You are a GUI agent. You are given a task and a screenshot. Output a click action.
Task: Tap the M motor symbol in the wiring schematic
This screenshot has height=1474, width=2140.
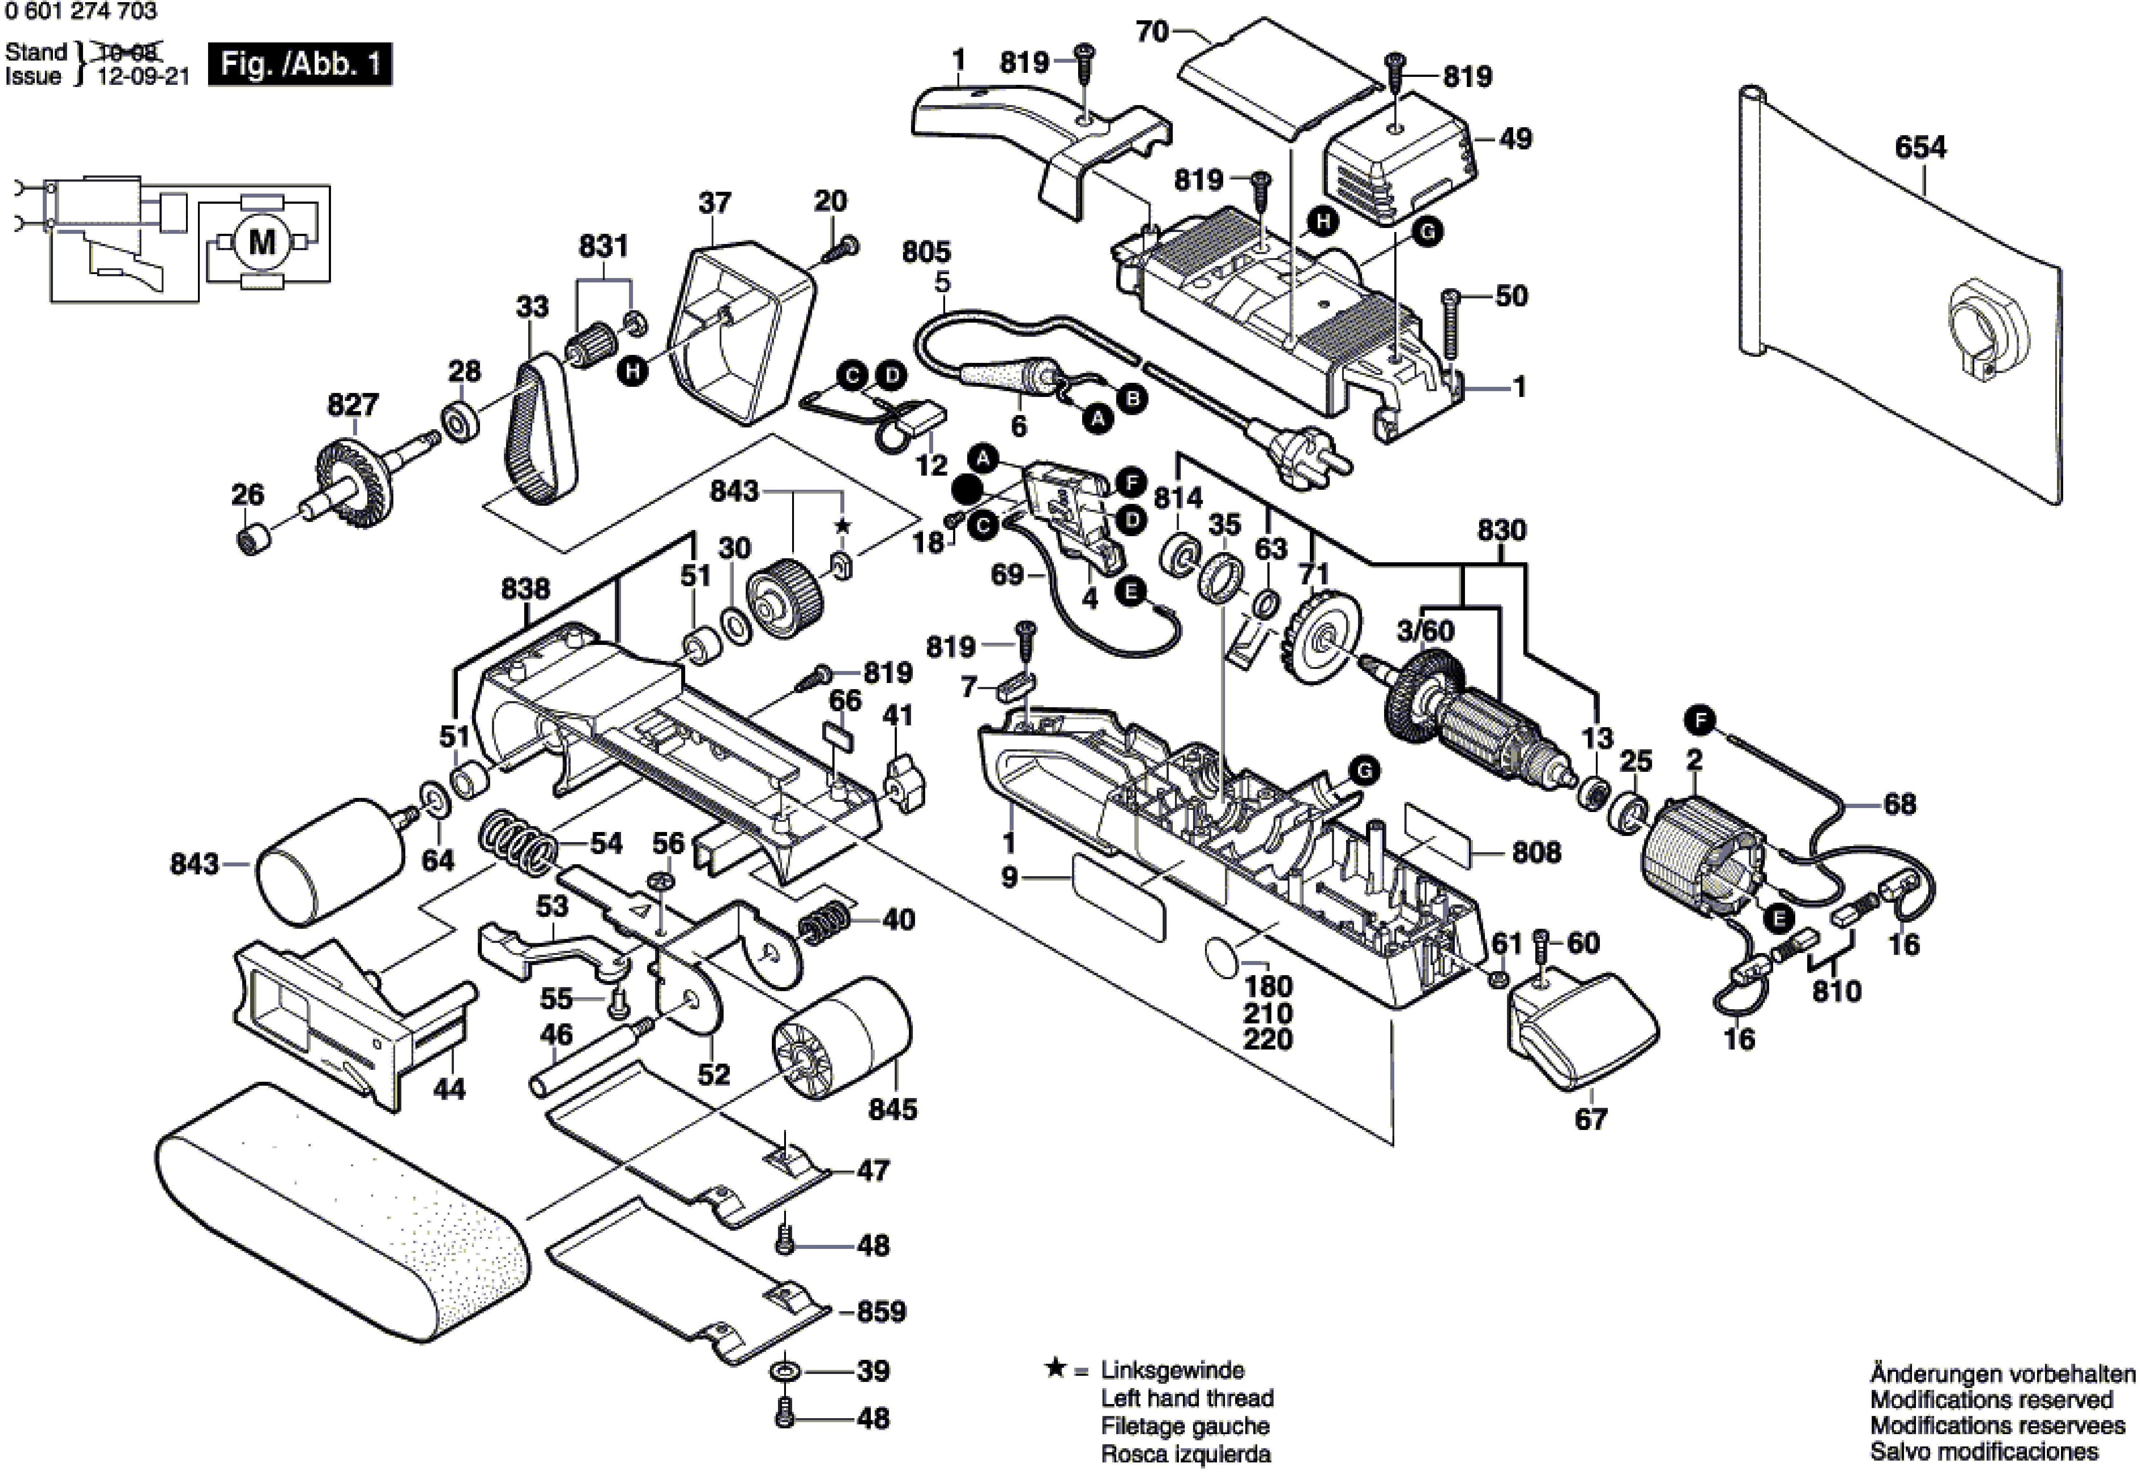click(x=262, y=242)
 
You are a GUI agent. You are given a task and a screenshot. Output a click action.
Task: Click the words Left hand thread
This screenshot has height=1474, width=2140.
click(x=1187, y=1398)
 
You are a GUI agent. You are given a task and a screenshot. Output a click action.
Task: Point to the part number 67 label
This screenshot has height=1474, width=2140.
click(x=1590, y=1119)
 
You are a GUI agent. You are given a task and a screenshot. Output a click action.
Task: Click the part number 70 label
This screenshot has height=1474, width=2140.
click(x=1152, y=32)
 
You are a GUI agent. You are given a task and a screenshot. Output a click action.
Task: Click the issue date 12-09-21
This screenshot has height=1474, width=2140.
click(x=143, y=76)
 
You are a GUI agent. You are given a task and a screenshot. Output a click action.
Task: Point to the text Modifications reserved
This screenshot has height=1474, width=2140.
click(x=1991, y=1399)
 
